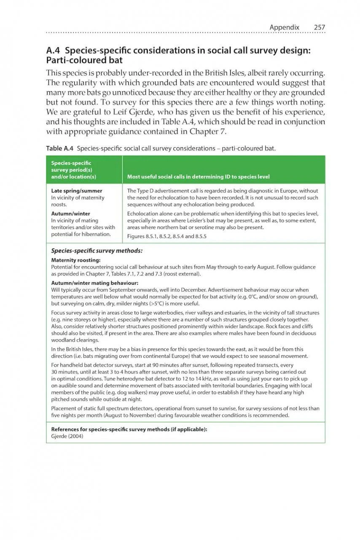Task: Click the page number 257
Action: (320, 27)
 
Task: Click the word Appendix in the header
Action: (284, 27)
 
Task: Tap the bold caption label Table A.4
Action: (60, 148)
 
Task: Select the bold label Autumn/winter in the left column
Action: (70, 213)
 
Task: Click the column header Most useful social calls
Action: (198, 177)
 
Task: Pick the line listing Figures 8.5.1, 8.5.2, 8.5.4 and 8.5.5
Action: (167, 236)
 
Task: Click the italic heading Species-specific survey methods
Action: (97, 251)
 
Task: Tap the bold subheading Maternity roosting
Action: (75, 260)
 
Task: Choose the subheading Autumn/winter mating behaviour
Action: (95, 283)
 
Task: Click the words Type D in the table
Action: (145, 191)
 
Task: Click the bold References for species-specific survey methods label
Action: (129, 429)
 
